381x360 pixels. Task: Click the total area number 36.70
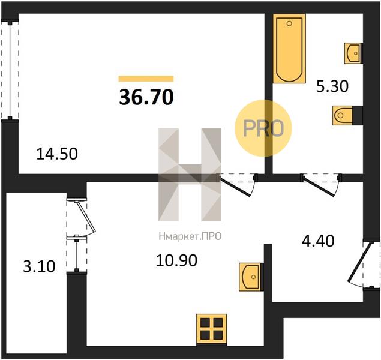tap(146, 97)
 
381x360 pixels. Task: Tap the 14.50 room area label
tap(57, 154)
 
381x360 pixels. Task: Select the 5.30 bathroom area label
tap(332, 86)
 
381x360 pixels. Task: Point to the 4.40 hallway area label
tap(318, 241)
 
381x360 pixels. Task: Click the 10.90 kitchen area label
tap(176, 261)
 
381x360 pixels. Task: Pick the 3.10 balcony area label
tap(39, 266)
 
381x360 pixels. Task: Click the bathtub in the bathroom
tap(289, 49)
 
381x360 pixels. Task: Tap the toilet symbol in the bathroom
tap(345, 115)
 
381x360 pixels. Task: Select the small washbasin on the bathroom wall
tap(353, 53)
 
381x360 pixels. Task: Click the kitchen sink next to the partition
tap(251, 277)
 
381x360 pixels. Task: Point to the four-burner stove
tap(211, 329)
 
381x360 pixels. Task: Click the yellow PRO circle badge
tap(263, 128)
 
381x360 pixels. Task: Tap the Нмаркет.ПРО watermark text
tap(190, 236)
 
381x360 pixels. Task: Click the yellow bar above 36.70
tap(146, 79)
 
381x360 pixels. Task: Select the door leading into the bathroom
tap(321, 185)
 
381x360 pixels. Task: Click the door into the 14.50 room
tap(238, 185)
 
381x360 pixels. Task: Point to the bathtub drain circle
tap(289, 23)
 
